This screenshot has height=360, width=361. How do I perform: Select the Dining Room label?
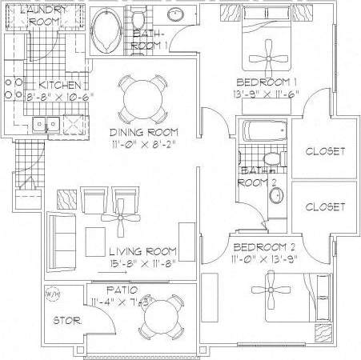click(145, 131)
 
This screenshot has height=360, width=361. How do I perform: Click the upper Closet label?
click(325, 150)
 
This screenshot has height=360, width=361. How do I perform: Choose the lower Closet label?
click(325, 206)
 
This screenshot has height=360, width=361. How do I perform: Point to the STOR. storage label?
click(64, 322)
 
